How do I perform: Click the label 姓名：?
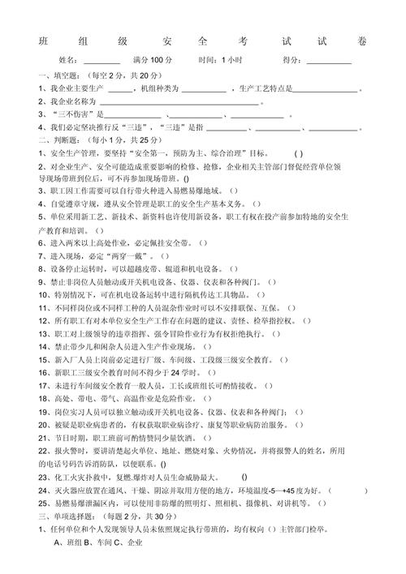pyautogui.click(x=70, y=60)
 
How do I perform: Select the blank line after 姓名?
pyautogui.click(x=101, y=62)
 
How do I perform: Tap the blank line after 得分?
pyautogui.click(x=329, y=62)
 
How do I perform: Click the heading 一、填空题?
pyautogui.click(x=58, y=75)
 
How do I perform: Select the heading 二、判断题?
pyautogui.click(x=58, y=140)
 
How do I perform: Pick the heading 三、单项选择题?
pyautogui.click(x=67, y=515)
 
